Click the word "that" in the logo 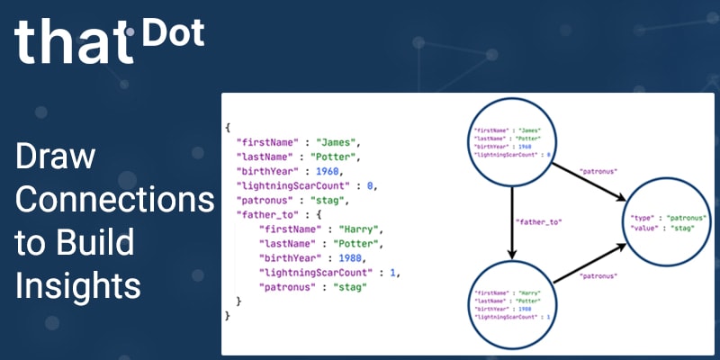click(x=72, y=40)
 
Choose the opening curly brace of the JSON click(x=229, y=128)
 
